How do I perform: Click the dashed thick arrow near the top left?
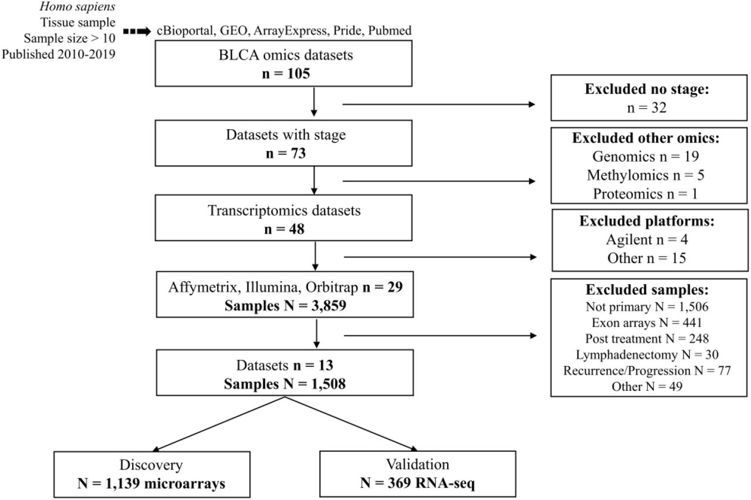point(137,32)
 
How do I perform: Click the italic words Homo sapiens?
point(77,6)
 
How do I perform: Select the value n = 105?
point(286,73)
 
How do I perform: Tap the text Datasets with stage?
point(286,135)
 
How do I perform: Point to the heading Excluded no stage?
point(647,89)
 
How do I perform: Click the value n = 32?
point(647,107)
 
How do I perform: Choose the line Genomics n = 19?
point(645,156)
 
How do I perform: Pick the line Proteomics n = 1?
point(645,194)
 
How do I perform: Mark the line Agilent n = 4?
point(647,239)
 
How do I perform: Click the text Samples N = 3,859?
point(285,306)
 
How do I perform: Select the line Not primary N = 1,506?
point(647,306)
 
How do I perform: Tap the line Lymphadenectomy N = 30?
point(647,354)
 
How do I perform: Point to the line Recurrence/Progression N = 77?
point(647,370)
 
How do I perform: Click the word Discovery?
point(151,465)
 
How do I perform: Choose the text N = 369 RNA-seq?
point(417,483)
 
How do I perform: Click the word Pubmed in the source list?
point(390,31)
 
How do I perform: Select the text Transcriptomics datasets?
point(285,211)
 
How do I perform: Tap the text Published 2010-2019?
point(59,55)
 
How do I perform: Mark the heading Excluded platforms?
point(647,221)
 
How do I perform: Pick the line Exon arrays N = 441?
point(647,323)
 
